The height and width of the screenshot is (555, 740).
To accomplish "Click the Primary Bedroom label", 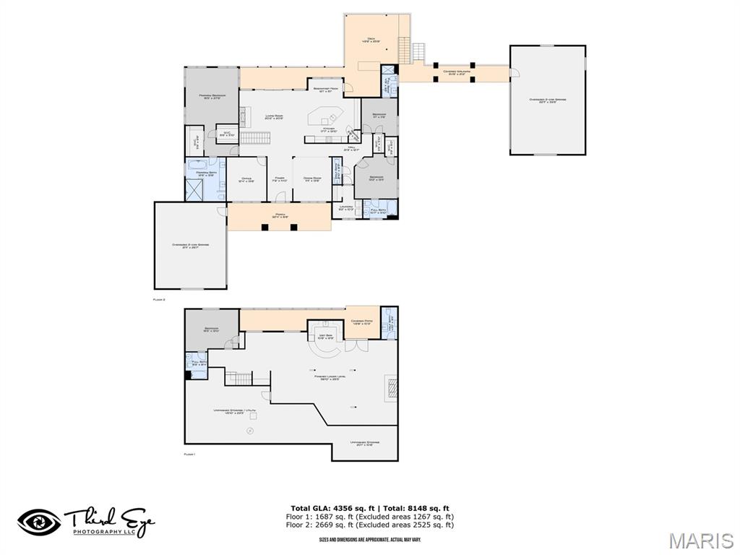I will pyautogui.click(x=212, y=96).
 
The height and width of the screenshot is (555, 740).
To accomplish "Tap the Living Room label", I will pyautogui.click(x=273, y=117).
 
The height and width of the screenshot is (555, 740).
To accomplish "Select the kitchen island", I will pyautogui.click(x=323, y=116).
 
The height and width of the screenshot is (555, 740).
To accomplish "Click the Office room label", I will pyautogui.click(x=246, y=179).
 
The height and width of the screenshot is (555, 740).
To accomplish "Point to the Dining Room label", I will pyautogui.click(x=312, y=178).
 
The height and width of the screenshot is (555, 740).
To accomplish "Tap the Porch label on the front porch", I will pyautogui.click(x=280, y=215).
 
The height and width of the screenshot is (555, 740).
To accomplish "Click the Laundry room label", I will pyautogui.click(x=346, y=208).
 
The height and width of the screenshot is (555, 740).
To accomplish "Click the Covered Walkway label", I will pyautogui.click(x=457, y=72).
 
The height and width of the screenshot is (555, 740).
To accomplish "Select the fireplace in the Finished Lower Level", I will pyautogui.click(x=390, y=387).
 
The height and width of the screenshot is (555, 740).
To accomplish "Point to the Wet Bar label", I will pyautogui.click(x=325, y=337).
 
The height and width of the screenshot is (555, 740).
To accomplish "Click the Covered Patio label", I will pyautogui.click(x=361, y=322).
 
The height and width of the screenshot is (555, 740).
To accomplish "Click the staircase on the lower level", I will pyautogui.click(x=241, y=378).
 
